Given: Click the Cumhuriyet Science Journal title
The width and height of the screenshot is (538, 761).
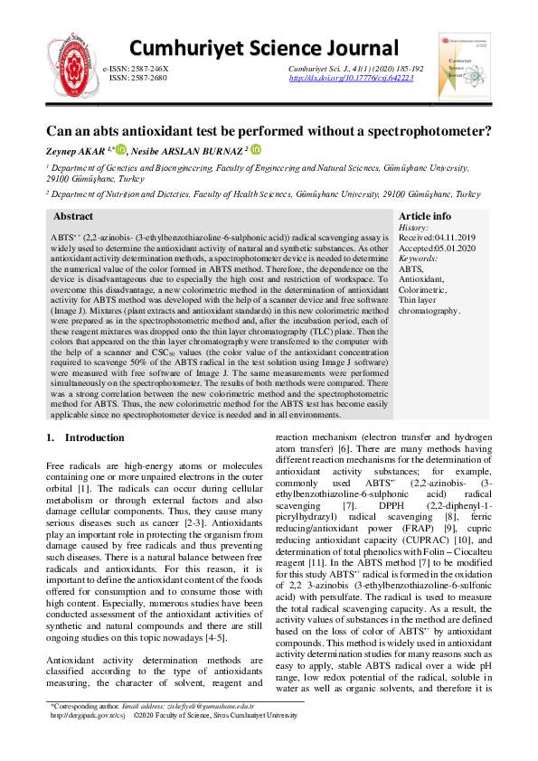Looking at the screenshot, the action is coord(263,49).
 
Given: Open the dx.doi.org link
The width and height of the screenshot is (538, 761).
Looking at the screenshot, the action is coord(351,79).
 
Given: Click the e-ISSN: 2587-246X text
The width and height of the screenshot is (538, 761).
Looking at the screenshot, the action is coord(136,69).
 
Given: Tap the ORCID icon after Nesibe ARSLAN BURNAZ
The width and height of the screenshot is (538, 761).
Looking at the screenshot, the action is coord(255,150).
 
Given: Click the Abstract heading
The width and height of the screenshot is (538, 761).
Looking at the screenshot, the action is coord(73,217).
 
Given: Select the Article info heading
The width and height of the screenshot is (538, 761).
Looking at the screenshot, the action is coord(425,217).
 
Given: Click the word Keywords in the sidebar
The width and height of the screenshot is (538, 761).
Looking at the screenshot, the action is coord(419,258).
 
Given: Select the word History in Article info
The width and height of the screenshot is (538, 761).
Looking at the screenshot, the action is coord(413,229).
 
